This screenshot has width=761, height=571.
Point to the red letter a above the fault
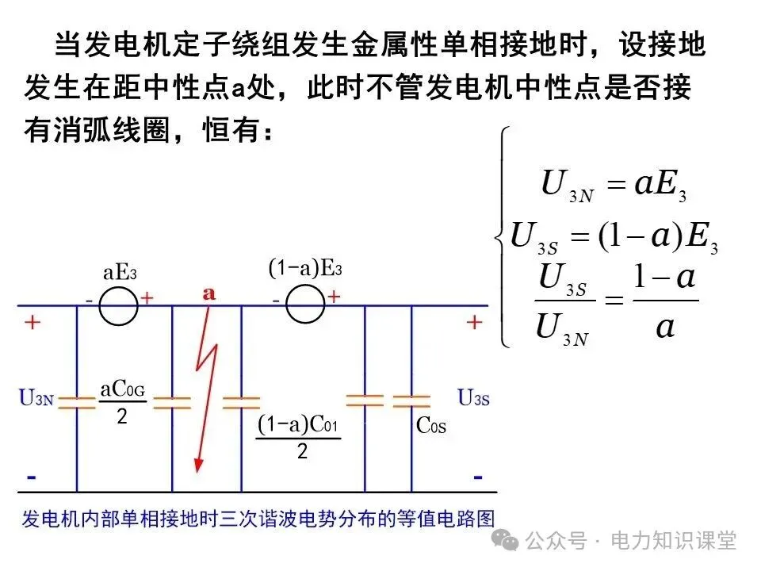click(209, 293)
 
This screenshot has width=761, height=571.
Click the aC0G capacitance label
click(122, 389)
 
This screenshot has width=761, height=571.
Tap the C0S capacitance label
click(431, 426)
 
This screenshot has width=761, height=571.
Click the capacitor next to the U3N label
click(77, 400)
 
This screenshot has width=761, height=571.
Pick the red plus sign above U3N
click(33, 324)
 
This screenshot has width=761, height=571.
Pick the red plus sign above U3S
click(473, 323)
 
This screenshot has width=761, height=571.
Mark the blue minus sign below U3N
click(32, 477)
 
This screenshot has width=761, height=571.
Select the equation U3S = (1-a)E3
click(614, 237)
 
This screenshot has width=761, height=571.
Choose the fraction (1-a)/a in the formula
click(665, 302)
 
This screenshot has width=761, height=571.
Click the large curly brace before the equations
click(501, 236)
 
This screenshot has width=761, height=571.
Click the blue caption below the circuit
click(258, 519)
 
